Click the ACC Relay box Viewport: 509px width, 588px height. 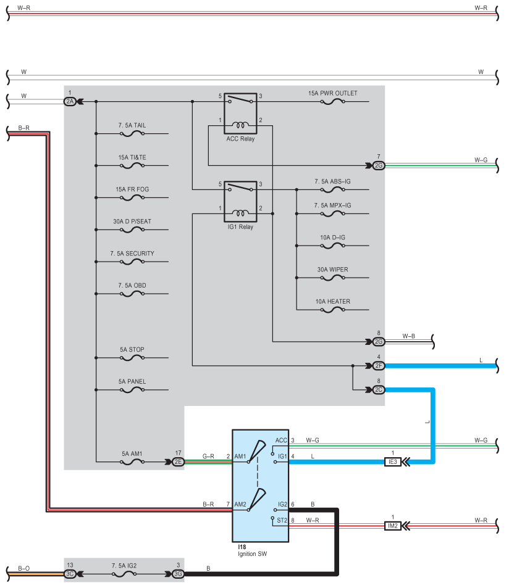[x=240, y=114]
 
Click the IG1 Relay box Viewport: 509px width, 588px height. [x=240, y=202]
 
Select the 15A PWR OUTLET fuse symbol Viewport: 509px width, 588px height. [x=332, y=101]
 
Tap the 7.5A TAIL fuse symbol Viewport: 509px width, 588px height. [x=132, y=133]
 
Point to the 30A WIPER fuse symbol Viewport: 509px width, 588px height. [x=332, y=278]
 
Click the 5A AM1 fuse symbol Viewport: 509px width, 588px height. [x=132, y=462]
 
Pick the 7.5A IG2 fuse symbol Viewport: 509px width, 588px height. [x=124, y=574]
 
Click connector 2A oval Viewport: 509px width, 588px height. [x=70, y=101]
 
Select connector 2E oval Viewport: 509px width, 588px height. [x=178, y=462]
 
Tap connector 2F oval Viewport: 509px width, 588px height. [x=379, y=366]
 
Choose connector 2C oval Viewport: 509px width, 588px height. [x=379, y=389]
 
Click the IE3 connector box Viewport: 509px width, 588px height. [x=393, y=462]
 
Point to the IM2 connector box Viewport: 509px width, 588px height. [x=393, y=526]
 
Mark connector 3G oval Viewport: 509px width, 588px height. [x=178, y=574]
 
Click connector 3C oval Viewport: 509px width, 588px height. [x=70, y=574]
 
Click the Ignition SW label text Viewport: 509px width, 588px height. [x=252, y=554]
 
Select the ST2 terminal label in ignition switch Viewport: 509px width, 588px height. [x=282, y=520]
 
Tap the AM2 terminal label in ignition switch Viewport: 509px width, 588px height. [x=240, y=504]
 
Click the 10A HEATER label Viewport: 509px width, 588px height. [x=332, y=302]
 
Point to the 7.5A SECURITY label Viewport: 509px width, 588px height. [x=132, y=254]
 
